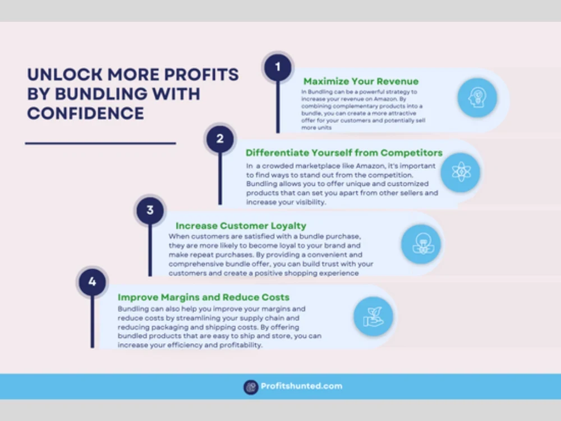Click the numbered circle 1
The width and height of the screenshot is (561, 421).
pos(278,67)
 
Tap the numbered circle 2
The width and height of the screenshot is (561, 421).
pos(220,139)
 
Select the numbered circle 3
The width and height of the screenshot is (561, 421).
pos(150,210)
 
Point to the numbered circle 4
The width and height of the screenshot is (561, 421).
pos(93,282)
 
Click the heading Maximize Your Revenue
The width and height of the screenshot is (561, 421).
pos(361,81)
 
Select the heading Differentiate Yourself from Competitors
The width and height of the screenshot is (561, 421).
pos(344,153)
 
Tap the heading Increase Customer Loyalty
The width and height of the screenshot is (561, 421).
pos(241,226)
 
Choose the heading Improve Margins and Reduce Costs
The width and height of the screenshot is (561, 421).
pos(204,297)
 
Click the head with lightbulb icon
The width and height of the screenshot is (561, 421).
pos(477,97)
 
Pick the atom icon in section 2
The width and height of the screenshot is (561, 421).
pos(461,172)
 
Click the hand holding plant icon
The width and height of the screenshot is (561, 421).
pos(374,317)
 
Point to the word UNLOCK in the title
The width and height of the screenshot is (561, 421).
pos(65,75)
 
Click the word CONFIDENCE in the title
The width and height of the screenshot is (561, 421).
pos(85,113)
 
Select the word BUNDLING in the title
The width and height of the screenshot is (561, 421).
pos(101,94)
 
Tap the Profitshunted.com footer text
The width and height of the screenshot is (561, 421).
pos(301,386)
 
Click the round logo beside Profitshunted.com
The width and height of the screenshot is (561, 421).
pos(251,387)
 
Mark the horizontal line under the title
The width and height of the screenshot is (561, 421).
pos(100,143)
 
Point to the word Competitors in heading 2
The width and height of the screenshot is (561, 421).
pos(411,153)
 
